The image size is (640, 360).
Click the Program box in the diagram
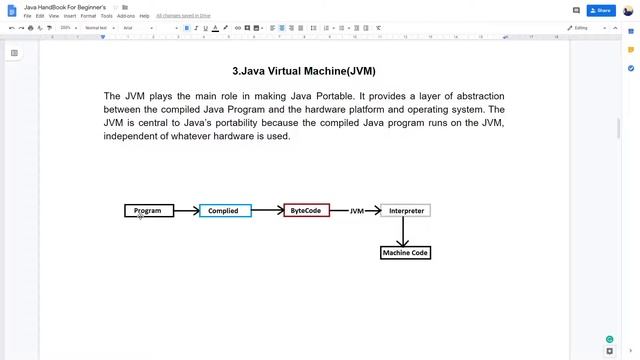click(148, 211)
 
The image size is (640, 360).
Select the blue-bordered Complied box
click(224, 211)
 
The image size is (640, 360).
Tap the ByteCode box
click(306, 211)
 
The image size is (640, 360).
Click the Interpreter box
click(406, 211)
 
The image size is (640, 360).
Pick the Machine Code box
click(405, 253)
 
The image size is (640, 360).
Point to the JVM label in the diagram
click(357, 211)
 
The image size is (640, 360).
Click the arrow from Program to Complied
click(186, 211)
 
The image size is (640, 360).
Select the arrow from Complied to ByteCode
click(267, 211)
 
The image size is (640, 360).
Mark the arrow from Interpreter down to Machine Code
click(404, 232)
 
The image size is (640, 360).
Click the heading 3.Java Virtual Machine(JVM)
click(304, 72)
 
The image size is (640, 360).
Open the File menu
click(28, 16)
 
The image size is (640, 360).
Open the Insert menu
click(69, 16)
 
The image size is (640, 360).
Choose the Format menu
click(88, 16)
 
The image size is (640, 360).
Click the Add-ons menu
click(126, 16)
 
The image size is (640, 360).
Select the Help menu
click(145, 16)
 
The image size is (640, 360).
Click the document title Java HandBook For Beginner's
click(65, 7)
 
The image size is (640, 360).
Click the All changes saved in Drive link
click(182, 16)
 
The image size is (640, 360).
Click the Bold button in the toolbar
click(186, 28)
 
